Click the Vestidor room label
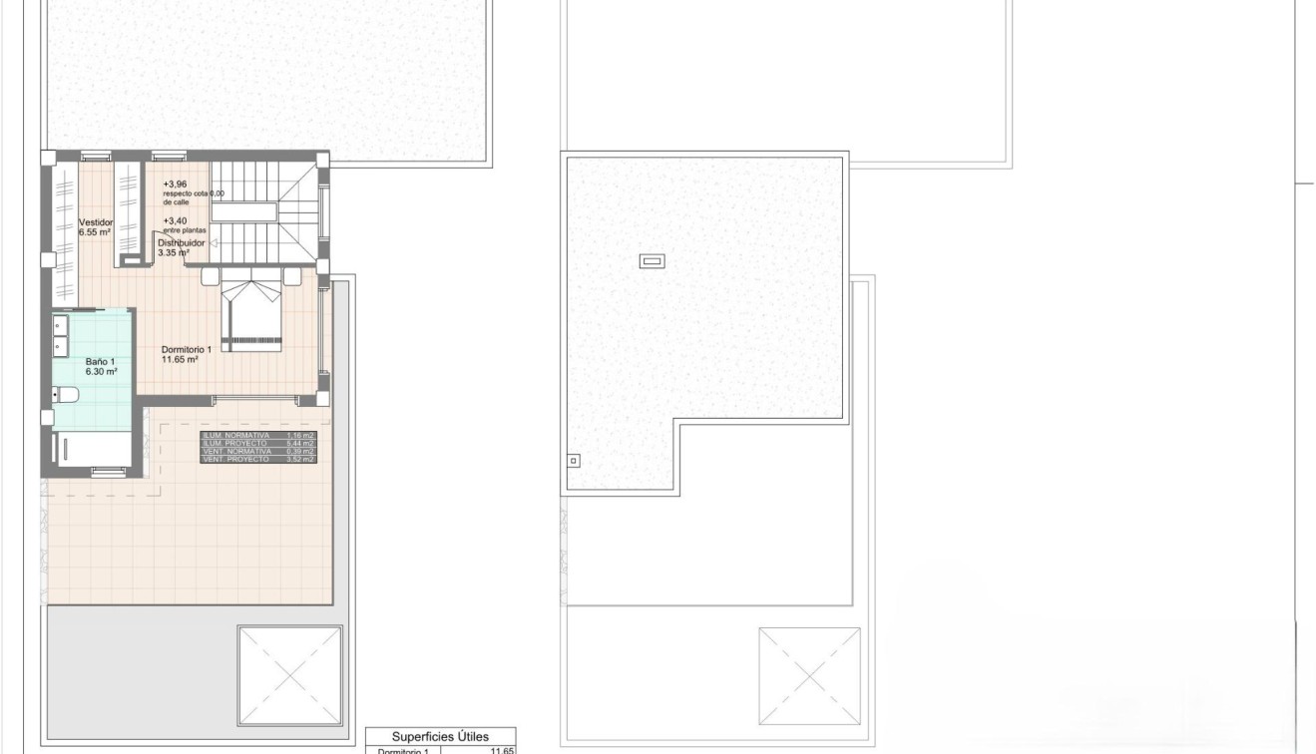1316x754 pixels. pos(96,222)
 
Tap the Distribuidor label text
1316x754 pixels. pos(181,242)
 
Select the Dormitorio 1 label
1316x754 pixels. pos(187,350)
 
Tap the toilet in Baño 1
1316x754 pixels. pos(65,396)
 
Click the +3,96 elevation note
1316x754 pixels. pos(176,185)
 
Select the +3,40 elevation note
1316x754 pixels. pos(176,220)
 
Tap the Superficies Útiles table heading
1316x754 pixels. pos(440,736)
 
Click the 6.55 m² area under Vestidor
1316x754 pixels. pos(97,232)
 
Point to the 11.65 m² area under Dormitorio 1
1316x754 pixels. pos(180,359)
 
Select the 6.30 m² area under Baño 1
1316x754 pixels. pos(102,371)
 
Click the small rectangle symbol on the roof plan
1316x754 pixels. pos(652,262)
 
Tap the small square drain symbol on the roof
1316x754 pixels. pos(573,461)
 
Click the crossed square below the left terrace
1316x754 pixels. pos(290,675)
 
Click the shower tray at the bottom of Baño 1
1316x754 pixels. pos(91,449)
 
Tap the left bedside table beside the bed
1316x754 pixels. pos(211,275)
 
